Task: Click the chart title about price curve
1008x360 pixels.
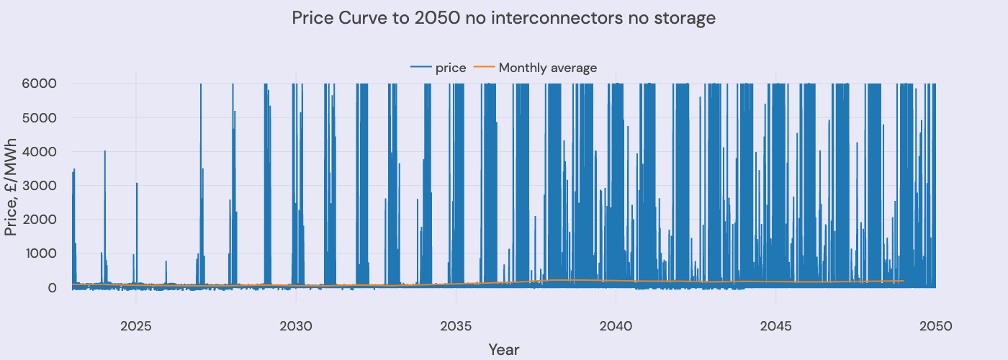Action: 504,18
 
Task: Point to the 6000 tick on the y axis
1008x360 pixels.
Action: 42,84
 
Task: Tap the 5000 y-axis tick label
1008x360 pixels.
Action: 42,117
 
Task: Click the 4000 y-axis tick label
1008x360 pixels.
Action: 42,151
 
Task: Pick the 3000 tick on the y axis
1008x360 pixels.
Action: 42,185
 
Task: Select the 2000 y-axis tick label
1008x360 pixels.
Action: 42,220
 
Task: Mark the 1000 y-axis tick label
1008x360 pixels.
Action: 42,253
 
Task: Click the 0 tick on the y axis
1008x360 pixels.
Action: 53,287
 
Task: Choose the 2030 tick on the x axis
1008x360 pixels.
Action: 296,326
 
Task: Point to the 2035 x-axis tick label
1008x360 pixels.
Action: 456,326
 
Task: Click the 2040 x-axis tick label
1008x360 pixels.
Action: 616,326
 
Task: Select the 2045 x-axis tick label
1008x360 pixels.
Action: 775,326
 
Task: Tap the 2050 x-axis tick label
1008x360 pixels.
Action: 935,326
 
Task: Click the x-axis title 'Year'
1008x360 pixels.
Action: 504,350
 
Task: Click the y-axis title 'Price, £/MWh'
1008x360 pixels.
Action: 12,185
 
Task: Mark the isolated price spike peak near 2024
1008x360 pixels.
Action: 104,151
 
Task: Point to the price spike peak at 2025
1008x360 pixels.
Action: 137,184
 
